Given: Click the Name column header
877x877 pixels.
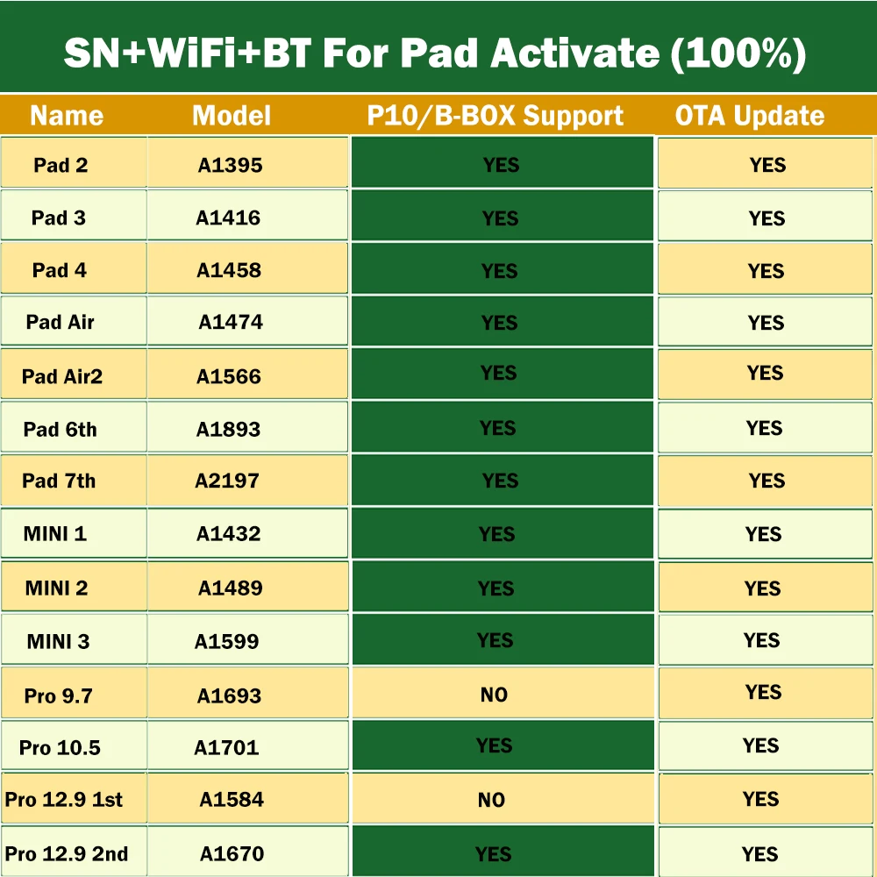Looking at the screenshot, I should pos(67,116).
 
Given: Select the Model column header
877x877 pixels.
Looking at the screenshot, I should pos(232,116).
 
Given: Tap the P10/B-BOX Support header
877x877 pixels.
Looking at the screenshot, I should pos(496,116).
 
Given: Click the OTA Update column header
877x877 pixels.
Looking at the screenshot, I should pos(750,116).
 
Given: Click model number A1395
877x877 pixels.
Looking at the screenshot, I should pos(230,165).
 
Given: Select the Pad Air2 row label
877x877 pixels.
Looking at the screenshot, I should pos(62,376).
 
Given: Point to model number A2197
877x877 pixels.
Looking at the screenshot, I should pos(227,481).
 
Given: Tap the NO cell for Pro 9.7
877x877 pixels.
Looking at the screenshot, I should pos(494,695).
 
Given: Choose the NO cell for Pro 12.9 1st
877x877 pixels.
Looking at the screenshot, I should pos(491,800).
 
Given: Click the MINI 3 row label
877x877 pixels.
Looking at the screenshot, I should pos(58,641).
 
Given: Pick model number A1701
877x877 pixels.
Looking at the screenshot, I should pos(226,747).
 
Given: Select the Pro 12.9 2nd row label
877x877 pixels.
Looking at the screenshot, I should pos(67,853).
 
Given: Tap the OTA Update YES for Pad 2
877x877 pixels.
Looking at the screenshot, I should pos(767,165).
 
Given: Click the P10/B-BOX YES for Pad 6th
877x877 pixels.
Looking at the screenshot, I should pos(497,428).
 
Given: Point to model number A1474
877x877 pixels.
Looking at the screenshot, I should pos(231,322).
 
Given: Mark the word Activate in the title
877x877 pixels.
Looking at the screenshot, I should pos(574,53).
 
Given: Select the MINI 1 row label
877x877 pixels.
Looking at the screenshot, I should pos(55,533).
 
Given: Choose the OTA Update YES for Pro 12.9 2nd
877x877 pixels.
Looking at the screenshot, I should pos(759,853).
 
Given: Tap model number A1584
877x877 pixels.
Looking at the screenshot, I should pos(232,800).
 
